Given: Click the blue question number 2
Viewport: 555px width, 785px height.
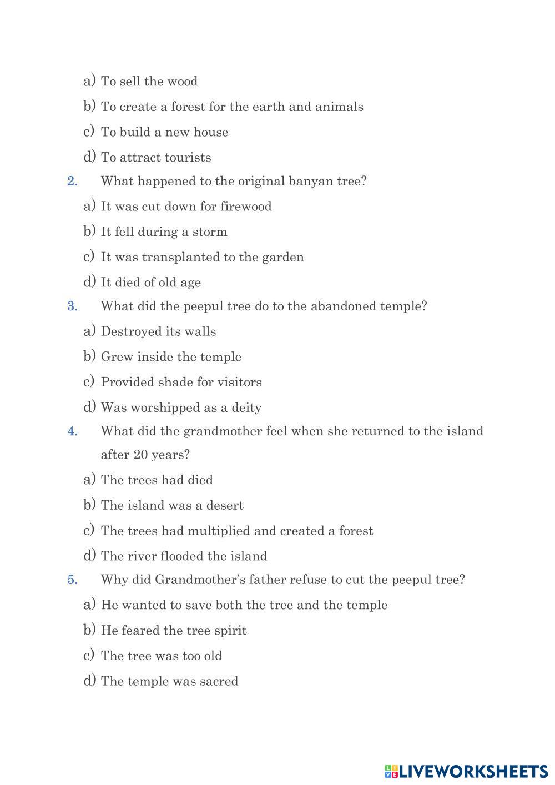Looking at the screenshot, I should pyautogui.click(x=72, y=182).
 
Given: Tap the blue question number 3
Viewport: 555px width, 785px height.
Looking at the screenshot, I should pyautogui.click(x=72, y=306).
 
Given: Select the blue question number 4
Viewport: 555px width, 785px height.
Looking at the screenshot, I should pyautogui.click(x=72, y=431).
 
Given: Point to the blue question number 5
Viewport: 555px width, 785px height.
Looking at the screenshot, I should pyautogui.click(x=72, y=580).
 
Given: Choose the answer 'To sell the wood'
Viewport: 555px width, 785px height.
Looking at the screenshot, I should pyautogui.click(x=149, y=82).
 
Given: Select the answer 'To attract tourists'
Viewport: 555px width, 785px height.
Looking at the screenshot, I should pyautogui.click(x=156, y=158).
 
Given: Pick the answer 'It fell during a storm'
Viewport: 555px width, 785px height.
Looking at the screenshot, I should pyautogui.click(x=164, y=232).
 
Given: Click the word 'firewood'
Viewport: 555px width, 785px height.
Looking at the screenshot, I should pyautogui.click(x=246, y=207).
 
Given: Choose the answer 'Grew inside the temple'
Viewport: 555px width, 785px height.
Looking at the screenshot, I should pyautogui.click(x=171, y=357).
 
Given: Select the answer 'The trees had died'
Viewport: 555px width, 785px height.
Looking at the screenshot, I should pyautogui.click(x=157, y=480).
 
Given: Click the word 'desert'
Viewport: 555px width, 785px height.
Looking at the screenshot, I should pyautogui.click(x=225, y=506).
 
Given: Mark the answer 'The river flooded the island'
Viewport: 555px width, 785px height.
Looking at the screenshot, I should pyautogui.click(x=184, y=556).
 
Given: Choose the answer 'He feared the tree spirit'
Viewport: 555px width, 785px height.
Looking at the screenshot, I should pyautogui.click(x=174, y=631).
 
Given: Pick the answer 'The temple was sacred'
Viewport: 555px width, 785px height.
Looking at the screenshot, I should pyautogui.click(x=169, y=681).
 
